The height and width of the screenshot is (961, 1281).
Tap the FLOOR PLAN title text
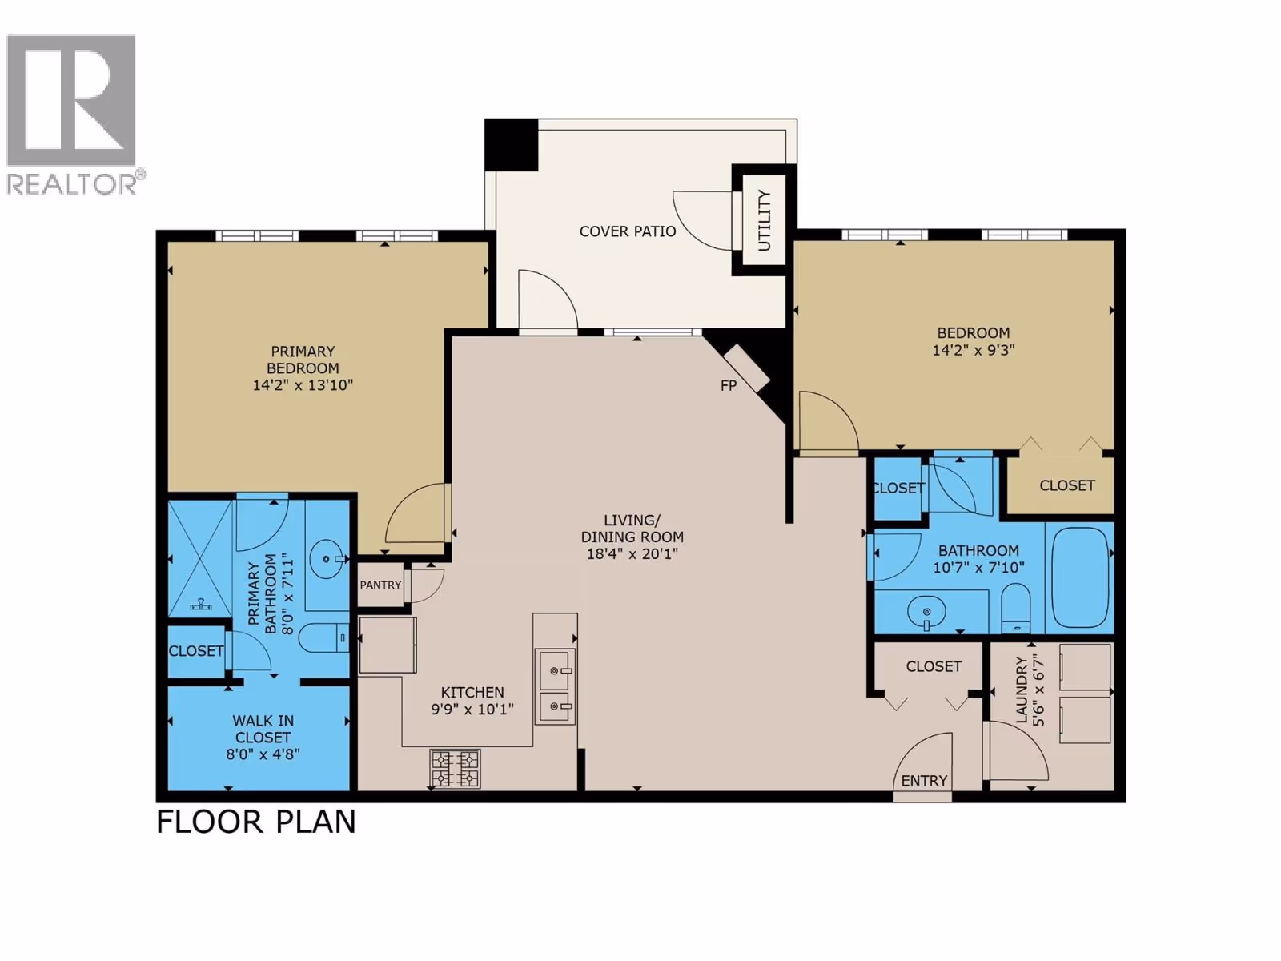(x=255, y=822)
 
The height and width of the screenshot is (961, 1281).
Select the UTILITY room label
(x=764, y=220)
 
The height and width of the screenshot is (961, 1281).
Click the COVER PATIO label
(x=628, y=231)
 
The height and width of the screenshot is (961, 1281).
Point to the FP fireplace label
(x=729, y=385)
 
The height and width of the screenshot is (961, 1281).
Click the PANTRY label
(x=380, y=585)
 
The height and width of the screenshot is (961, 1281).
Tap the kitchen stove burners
(x=456, y=769)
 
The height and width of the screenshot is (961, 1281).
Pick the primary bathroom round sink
(x=327, y=559)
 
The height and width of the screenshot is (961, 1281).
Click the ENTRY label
(x=924, y=781)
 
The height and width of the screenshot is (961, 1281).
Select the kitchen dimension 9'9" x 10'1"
(x=472, y=710)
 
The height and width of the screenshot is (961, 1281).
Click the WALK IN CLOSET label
(x=263, y=729)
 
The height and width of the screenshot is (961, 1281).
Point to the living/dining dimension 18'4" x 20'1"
(x=632, y=553)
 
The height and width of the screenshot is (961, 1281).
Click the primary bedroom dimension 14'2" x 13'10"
(x=303, y=385)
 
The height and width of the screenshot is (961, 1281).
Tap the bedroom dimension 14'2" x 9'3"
(x=974, y=350)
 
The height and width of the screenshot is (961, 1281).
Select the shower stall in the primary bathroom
(x=201, y=559)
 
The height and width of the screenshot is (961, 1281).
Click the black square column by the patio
(x=512, y=145)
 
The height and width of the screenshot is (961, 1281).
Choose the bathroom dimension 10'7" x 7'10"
(x=978, y=567)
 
